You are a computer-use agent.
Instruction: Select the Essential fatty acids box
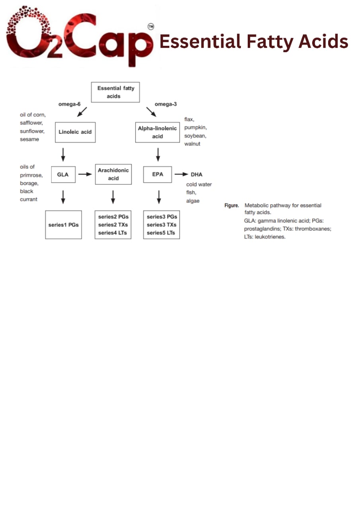115,92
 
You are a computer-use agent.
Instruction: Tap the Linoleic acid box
75,132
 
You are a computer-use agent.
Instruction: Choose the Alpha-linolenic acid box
157,132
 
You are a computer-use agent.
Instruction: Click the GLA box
63,175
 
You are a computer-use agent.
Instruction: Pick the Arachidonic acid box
113,175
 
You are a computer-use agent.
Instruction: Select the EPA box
157,175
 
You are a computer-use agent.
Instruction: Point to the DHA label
196,175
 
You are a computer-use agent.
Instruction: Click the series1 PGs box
63,225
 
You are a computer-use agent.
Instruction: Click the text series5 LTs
161,233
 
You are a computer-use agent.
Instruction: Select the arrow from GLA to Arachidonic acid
85,175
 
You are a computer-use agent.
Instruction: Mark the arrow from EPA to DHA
181,175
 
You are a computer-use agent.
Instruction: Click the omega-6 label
69,104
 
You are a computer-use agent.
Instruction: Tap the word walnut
192,143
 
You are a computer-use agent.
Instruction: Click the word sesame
29,139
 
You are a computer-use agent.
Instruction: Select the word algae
193,201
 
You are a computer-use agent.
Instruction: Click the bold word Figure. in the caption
231,206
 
